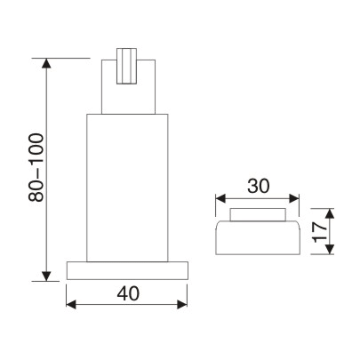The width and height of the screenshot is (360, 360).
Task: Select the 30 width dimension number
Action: (258, 186)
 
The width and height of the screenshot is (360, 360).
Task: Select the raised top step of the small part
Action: (258, 216)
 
